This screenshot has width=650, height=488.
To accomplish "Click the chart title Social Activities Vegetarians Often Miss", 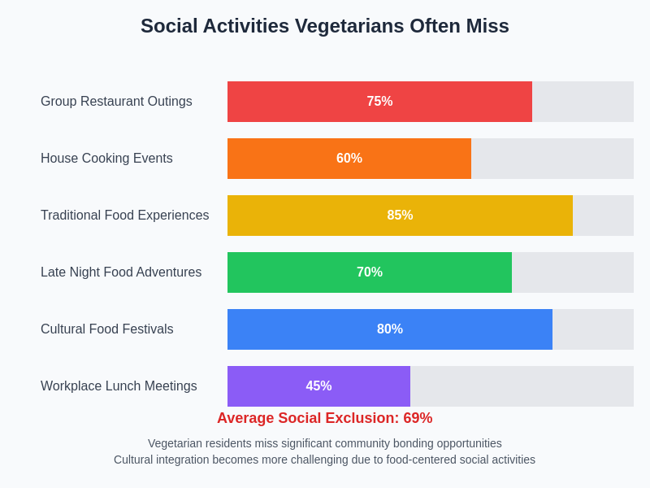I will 325,26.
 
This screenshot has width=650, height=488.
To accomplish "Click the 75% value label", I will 379,102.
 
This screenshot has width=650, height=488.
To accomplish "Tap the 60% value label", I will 349,159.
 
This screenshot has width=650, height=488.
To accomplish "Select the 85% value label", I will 400,216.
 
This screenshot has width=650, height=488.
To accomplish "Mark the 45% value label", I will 318,386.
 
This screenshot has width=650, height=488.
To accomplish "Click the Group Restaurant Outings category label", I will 116,102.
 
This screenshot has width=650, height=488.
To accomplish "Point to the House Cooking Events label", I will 106,159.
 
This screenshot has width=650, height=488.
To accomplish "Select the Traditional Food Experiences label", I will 124,216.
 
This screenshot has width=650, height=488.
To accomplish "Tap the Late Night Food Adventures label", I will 121,272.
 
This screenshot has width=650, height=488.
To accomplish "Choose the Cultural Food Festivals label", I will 106,329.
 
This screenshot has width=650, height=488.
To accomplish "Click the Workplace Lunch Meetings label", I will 119,386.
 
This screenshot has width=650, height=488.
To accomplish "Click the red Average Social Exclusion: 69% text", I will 325,418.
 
